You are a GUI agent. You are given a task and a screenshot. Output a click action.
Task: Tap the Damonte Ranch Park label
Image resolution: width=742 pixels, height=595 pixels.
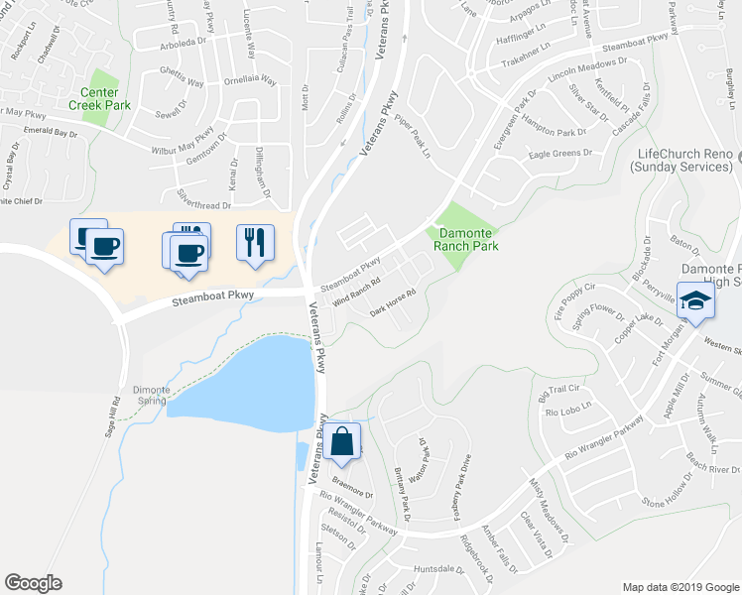point(462,239)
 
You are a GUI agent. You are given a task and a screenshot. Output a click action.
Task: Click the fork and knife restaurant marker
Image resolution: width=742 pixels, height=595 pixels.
point(256,242)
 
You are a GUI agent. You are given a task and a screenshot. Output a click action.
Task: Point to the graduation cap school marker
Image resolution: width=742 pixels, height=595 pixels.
point(695,301)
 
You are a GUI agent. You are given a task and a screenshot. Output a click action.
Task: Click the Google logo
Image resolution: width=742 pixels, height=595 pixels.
point(33,583)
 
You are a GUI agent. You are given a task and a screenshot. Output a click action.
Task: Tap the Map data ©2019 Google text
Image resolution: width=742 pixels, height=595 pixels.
point(680,586)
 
